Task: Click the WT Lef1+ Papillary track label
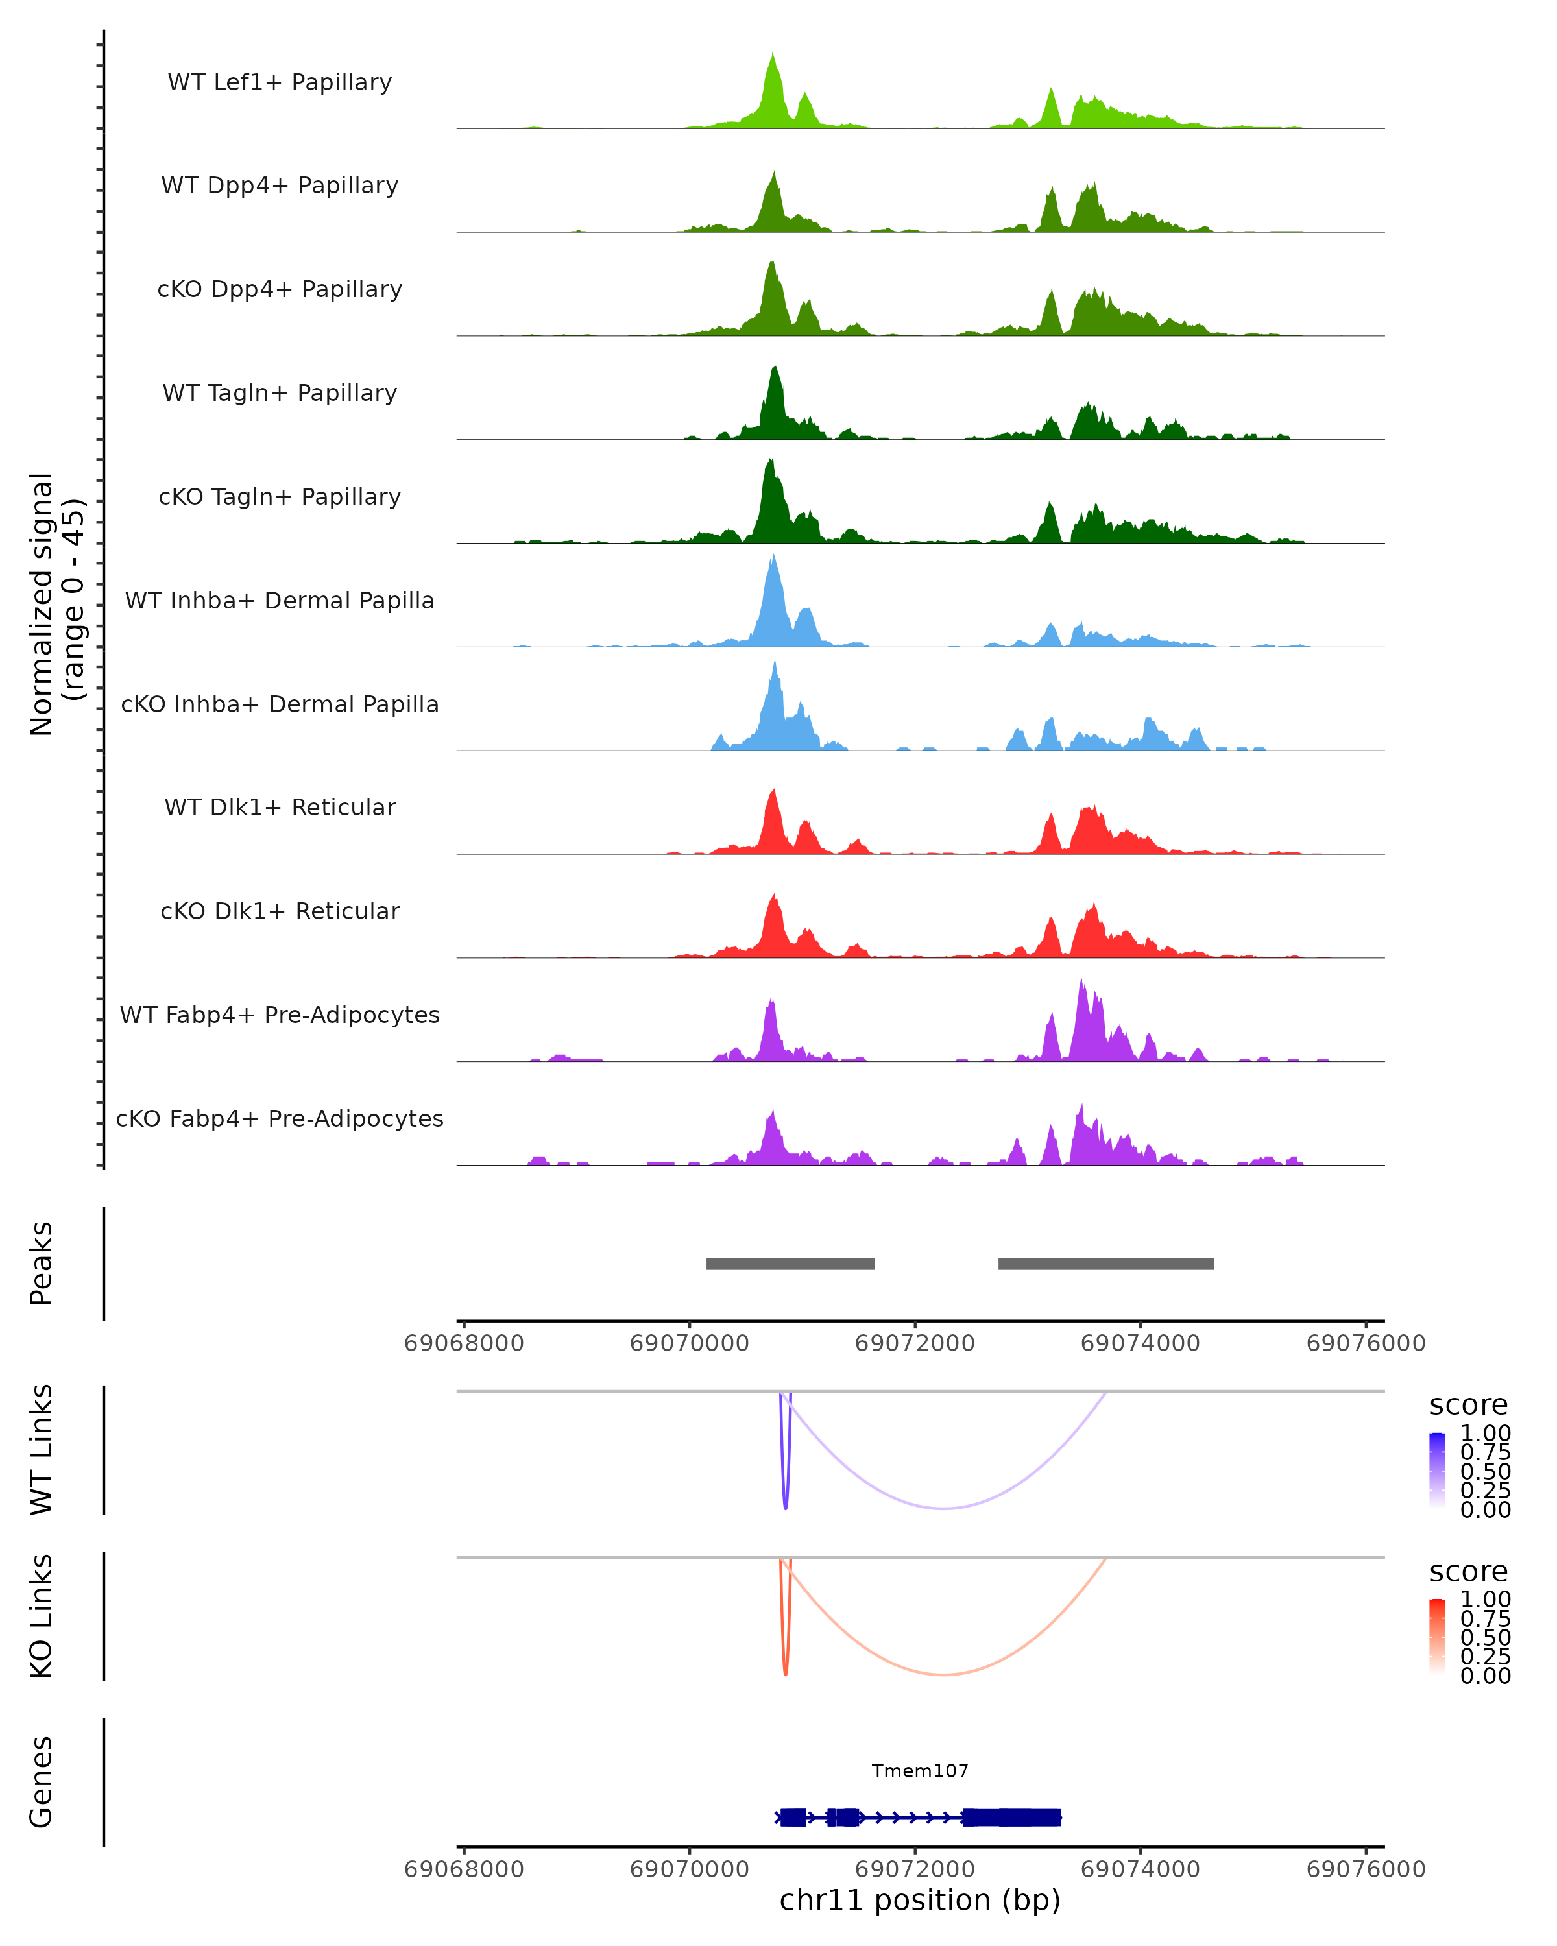tap(280, 82)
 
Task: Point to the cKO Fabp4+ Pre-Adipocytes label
tap(280, 1118)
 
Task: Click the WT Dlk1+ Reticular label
tap(280, 807)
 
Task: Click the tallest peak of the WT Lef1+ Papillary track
tap(773, 56)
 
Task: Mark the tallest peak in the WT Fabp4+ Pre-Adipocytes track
tap(1081, 982)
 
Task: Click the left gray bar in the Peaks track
tap(790, 1264)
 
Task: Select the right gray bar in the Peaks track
tap(1105, 1264)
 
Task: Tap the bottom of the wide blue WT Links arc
tap(943, 1508)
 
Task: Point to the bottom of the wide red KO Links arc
tap(943, 1674)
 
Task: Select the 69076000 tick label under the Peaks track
tap(1366, 1343)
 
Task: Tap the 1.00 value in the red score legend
tap(1486, 1600)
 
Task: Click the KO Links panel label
tap(42, 1616)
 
